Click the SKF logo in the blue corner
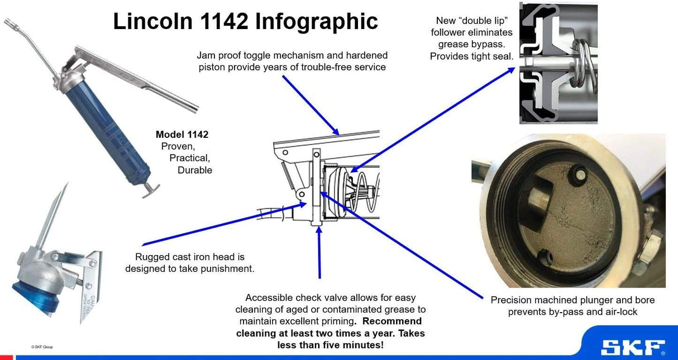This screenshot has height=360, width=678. (633, 347)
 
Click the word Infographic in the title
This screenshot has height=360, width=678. (317, 22)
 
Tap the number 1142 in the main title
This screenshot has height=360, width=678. (225, 21)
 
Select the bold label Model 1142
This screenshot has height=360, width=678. (182, 135)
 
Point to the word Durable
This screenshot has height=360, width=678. (194, 170)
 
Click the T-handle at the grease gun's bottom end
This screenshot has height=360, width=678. (150, 190)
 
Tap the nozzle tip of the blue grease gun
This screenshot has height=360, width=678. (9, 22)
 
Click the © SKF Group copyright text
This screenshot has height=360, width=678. (42, 347)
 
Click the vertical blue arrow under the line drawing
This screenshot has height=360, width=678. (319, 253)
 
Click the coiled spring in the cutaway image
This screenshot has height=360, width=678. (582, 64)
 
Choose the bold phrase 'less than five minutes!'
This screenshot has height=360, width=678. (331, 345)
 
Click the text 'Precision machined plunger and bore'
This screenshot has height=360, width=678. (572, 300)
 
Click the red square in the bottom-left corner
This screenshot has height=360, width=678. (6, 358)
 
